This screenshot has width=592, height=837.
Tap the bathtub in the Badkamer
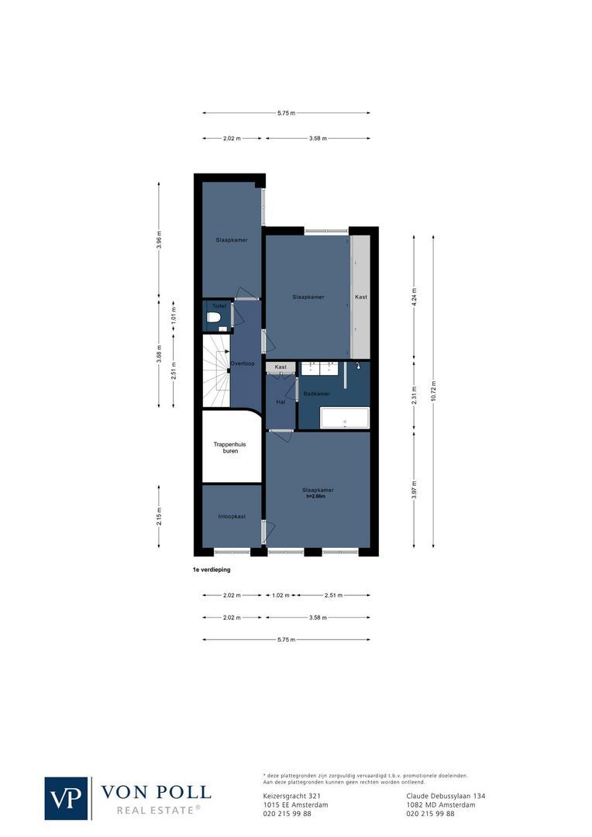click(x=345, y=418)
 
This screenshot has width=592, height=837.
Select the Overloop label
click(x=243, y=363)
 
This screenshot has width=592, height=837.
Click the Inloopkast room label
click(x=232, y=516)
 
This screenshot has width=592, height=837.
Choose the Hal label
click(x=281, y=401)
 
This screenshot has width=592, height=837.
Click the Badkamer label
click(x=317, y=394)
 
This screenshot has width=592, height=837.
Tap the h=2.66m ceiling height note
click(x=318, y=497)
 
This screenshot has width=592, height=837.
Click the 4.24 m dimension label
click(x=414, y=298)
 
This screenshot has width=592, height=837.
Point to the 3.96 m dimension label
click(x=160, y=240)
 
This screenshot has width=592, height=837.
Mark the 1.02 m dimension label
click(x=280, y=595)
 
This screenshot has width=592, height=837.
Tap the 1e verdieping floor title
click(x=212, y=570)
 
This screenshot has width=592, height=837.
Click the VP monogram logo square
click(x=67, y=797)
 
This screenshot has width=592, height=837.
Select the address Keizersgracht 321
click(x=291, y=796)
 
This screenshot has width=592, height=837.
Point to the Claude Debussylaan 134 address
click(x=446, y=796)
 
